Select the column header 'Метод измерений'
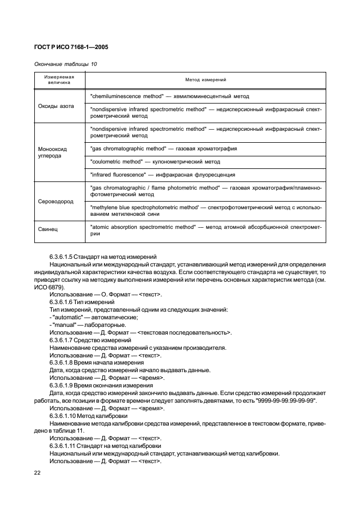[205, 80]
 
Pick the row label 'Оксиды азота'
[55, 106]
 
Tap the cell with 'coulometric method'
[155, 161]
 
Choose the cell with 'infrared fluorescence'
[162, 174]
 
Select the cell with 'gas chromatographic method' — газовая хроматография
[163, 148]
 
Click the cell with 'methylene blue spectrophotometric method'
[205, 210]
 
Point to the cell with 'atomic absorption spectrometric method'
[205, 230]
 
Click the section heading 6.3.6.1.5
[103, 256]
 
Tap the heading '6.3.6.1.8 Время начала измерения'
[96, 362]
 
